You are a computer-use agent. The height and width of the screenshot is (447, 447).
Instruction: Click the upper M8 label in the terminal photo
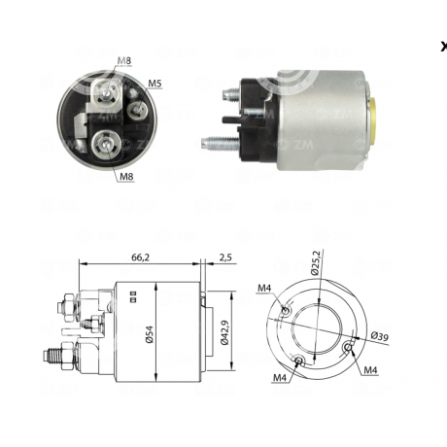[x=124, y=60]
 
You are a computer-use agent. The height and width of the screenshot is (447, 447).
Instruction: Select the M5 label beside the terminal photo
[x=155, y=84]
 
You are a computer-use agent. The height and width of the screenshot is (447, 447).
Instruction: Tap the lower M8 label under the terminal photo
[x=126, y=177]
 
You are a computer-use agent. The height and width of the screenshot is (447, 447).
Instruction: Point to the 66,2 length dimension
[x=141, y=258]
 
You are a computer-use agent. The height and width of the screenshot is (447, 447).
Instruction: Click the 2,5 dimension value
[x=225, y=258]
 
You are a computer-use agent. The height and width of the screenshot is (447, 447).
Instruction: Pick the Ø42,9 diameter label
[x=224, y=332]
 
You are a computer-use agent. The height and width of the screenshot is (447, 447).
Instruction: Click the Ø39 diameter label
[x=380, y=336]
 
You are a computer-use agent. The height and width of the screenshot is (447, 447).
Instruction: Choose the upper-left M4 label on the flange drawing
[x=264, y=288]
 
